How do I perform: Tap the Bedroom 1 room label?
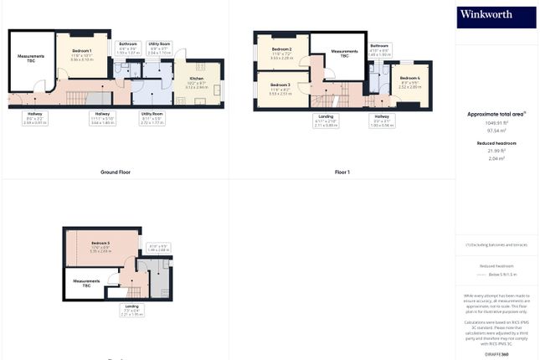click(81, 54)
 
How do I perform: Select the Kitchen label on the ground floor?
click(197, 80)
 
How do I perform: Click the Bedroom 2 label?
click(281, 52)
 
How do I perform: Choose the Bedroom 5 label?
click(100, 244)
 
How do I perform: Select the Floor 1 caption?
click(342, 172)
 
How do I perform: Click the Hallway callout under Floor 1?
click(382, 121)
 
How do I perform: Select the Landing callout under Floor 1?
click(327, 121)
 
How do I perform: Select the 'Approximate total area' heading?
click(496, 113)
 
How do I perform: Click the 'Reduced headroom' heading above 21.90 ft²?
click(496, 143)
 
